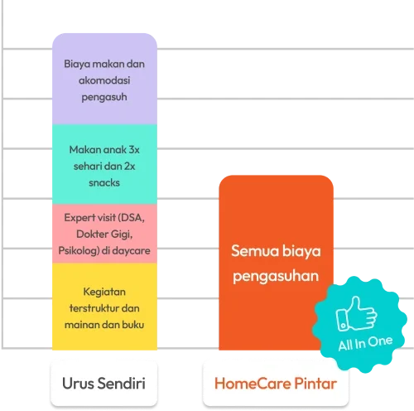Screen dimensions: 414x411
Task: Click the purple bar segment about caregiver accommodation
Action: (x=104, y=79)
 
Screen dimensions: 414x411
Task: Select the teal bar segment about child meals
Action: (x=104, y=164)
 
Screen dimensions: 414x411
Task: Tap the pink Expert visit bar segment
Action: (x=104, y=234)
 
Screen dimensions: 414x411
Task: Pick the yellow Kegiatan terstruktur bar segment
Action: (x=104, y=307)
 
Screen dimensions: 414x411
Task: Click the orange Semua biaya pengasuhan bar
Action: (x=276, y=263)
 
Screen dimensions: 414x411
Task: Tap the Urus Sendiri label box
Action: (x=104, y=384)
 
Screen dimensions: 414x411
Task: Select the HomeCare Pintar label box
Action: (x=276, y=384)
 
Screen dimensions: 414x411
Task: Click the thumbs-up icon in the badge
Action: (x=356, y=314)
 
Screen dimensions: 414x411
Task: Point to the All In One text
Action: (x=365, y=343)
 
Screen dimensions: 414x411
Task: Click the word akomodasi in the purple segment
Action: (x=104, y=80)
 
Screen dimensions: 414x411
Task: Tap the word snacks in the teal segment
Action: (x=104, y=183)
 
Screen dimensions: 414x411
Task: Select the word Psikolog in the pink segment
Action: (x=79, y=251)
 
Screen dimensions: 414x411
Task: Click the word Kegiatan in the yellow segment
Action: (x=104, y=292)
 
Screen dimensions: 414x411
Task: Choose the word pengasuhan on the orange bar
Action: (x=276, y=276)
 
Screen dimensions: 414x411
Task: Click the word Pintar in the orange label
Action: (x=315, y=384)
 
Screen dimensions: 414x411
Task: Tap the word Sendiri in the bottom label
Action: (x=121, y=384)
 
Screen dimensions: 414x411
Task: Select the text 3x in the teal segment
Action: (x=134, y=150)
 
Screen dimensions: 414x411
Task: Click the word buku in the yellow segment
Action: (x=133, y=325)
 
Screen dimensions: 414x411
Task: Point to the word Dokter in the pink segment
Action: (x=92, y=235)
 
